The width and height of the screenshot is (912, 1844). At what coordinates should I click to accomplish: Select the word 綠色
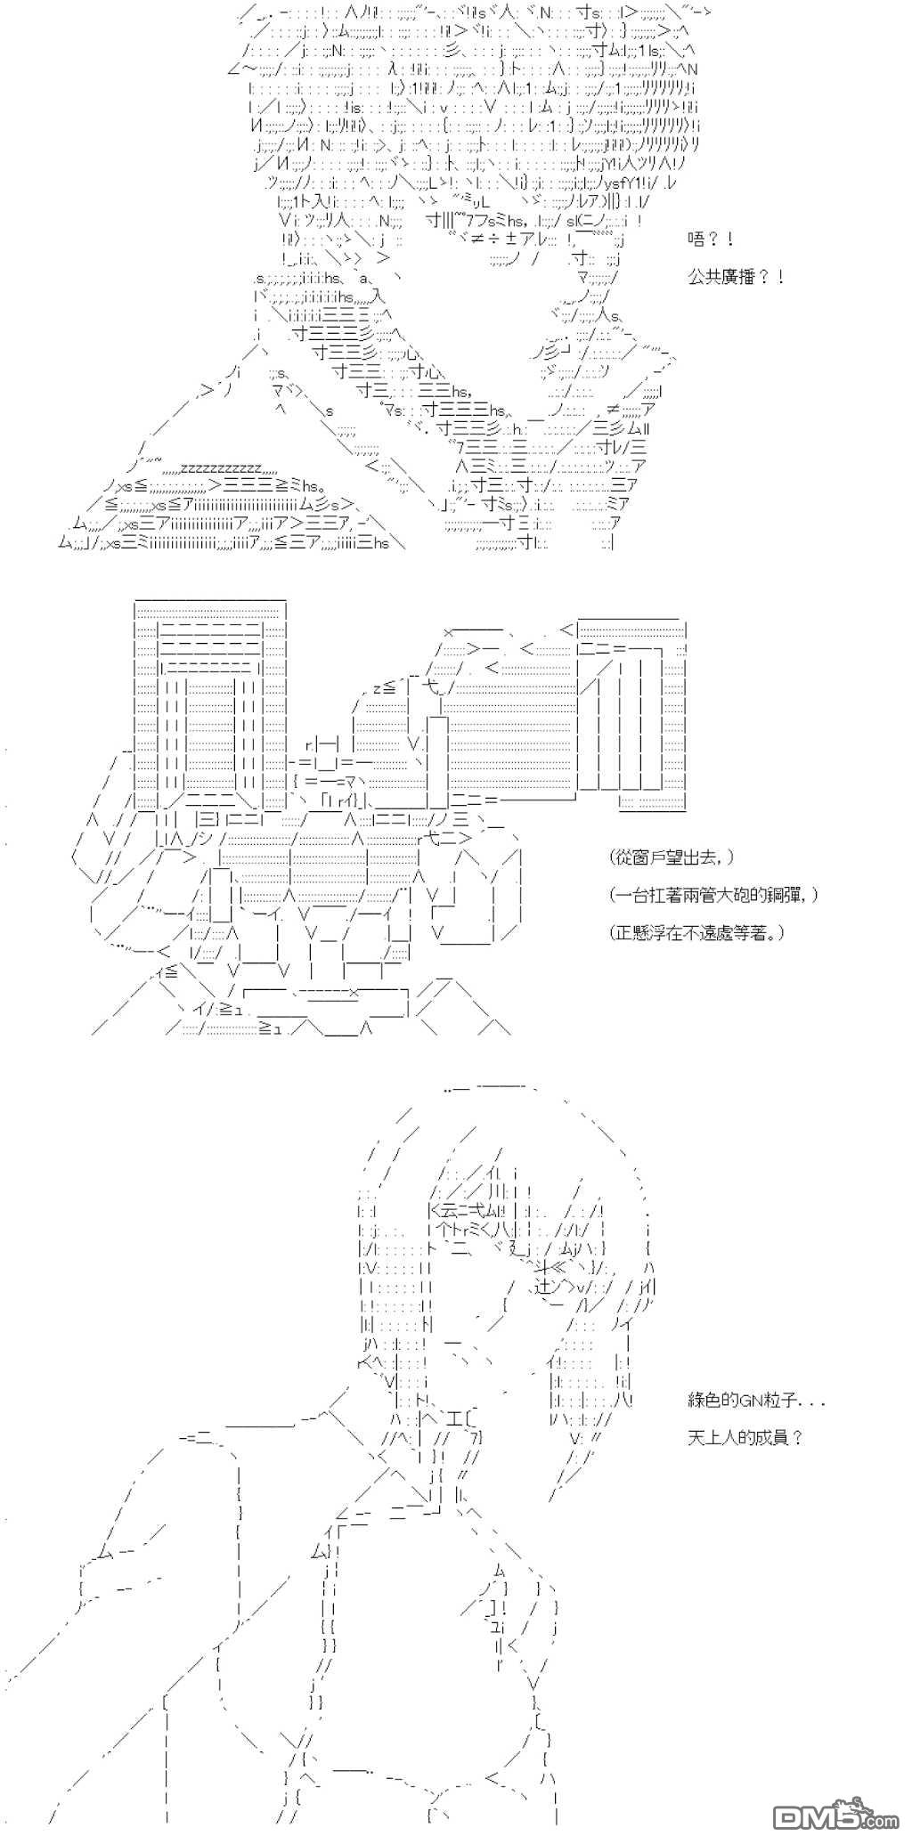[x=704, y=1401]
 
